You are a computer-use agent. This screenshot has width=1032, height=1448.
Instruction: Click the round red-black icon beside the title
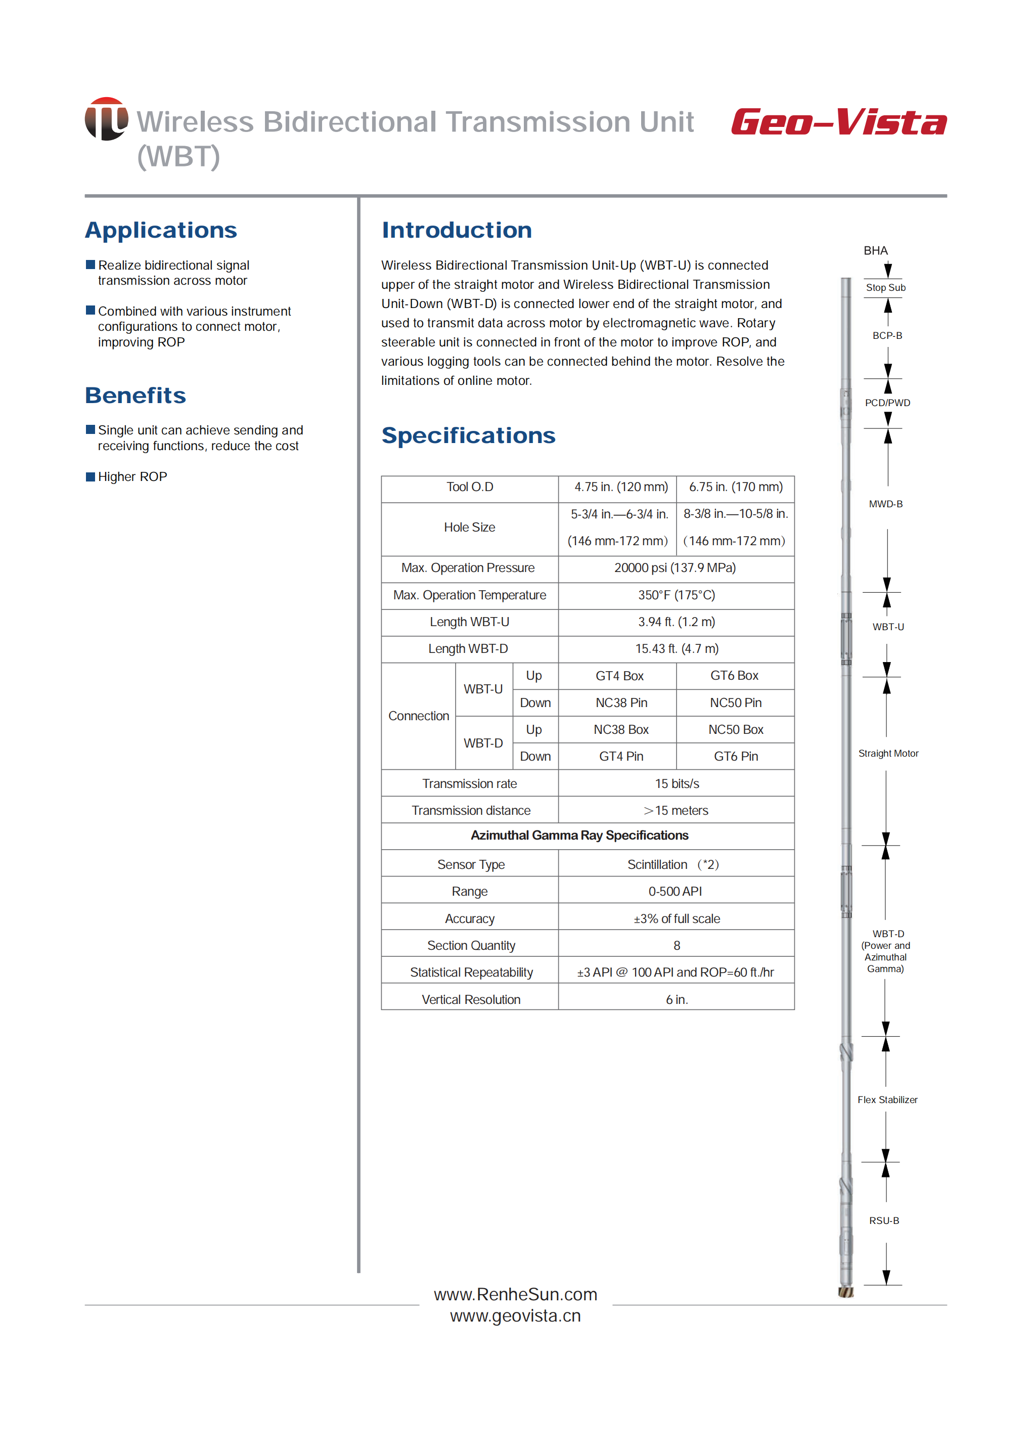[x=106, y=119]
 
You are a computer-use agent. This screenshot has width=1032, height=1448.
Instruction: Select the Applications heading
[x=161, y=230]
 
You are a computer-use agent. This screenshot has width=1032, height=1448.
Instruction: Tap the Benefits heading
[x=136, y=396]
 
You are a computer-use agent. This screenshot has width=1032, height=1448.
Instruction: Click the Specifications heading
[x=468, y=435]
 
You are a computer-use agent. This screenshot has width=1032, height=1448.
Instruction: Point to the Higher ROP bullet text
[x=132, y=477]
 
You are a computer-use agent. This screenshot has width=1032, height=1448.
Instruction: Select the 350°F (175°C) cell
[x=676, y=595]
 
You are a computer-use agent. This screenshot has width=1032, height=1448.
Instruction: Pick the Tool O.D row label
[x=470, y=487]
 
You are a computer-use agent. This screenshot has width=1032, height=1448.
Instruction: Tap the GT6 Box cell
[x=735, y=676]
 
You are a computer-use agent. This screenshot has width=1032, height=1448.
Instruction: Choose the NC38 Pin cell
[x=621, y=703]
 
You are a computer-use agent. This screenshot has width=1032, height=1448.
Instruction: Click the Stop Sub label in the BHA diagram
[x=885, y=288]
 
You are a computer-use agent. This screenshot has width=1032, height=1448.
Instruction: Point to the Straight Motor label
[x=888, y=753]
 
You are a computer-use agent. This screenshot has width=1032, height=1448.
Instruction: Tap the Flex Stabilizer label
[x=887, y=1100]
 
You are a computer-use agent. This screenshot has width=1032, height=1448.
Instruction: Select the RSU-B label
[x=884, y=1220]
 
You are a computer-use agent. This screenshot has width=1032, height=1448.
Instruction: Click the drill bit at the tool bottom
[x=846, y=1292]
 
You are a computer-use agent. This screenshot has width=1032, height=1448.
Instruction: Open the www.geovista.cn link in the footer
[x=515, y=1316]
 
